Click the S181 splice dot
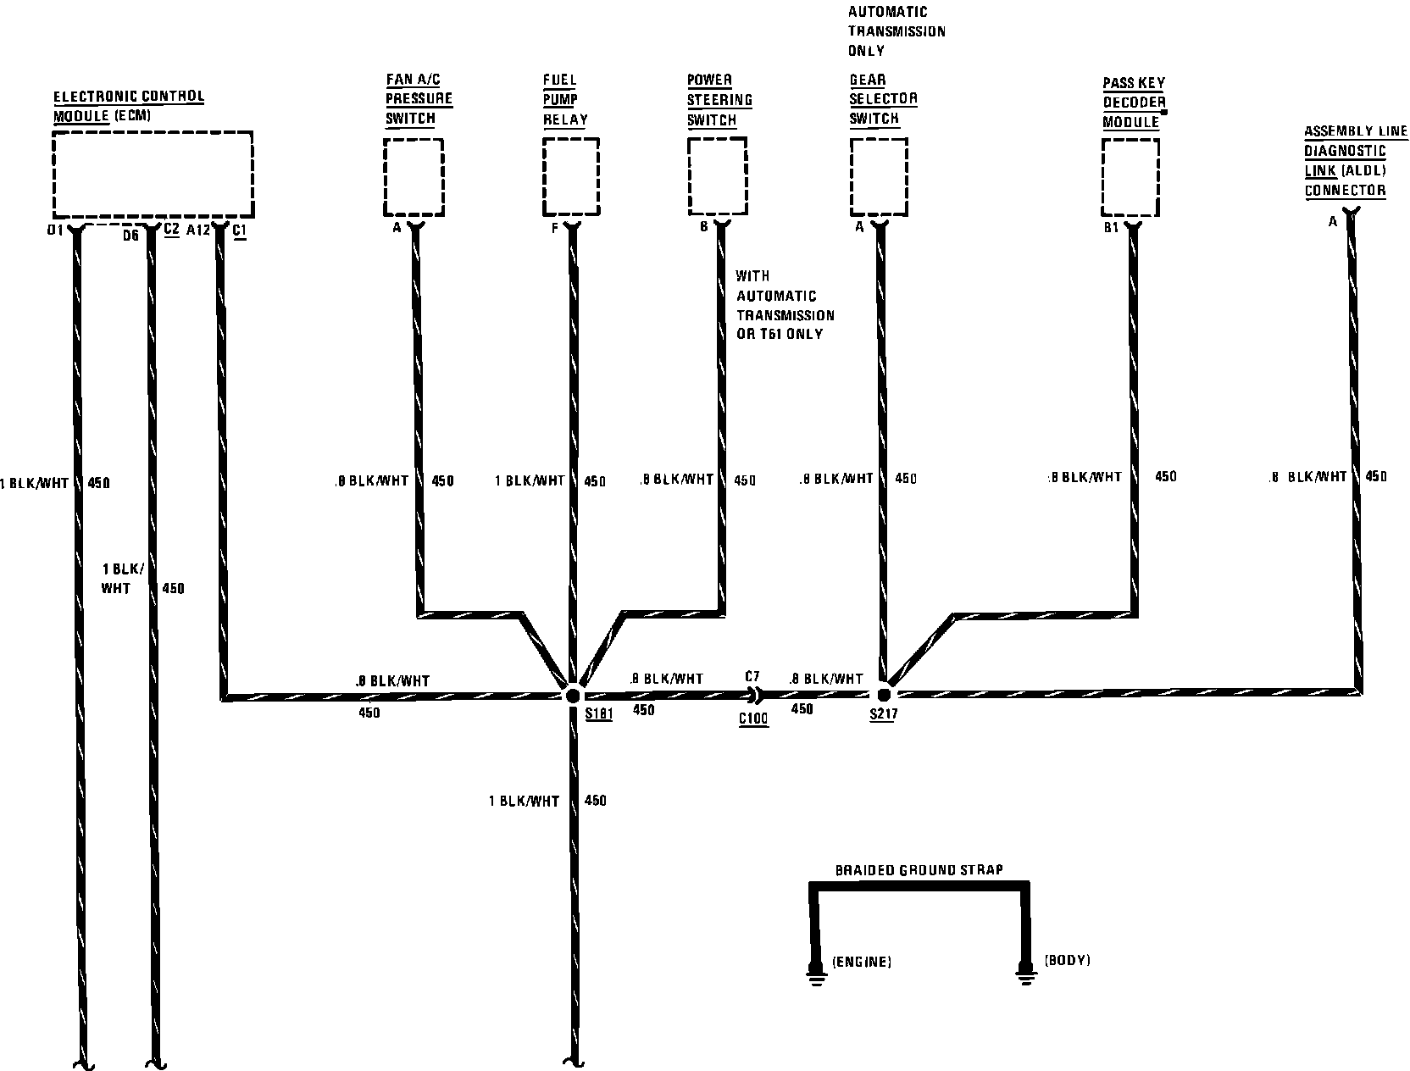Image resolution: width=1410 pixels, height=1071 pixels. pos(572,695)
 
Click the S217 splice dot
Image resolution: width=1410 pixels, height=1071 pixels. pos(884,694)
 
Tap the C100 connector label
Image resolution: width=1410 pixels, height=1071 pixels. pos(752,719)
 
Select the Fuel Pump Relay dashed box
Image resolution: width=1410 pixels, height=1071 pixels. pos(570,177)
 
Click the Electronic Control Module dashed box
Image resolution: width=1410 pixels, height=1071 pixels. pos(153,175)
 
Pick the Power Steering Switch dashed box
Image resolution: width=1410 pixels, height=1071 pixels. pos(717,177)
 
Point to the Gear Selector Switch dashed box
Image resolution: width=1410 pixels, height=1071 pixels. pos(878,177)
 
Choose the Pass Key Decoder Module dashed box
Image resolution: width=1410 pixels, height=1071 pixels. pos(1130,177)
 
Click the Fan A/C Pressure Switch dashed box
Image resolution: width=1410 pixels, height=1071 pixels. pos(414,177)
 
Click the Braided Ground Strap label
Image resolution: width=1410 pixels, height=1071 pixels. pos(919,870)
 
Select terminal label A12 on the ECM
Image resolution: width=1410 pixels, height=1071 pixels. pos(197,230)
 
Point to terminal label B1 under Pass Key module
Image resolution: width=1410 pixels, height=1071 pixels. pos(1111,228)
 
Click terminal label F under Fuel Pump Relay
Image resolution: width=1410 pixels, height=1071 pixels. pos(554,228)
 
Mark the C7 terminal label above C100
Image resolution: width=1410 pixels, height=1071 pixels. pos(752,677)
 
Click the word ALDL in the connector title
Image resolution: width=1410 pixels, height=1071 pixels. pos(1363,171)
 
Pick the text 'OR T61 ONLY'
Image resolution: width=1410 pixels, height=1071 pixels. pos(779,334)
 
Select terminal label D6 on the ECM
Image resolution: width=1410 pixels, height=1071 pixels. pos(130,235)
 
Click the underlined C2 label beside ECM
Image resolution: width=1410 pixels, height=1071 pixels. pos(170,230)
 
